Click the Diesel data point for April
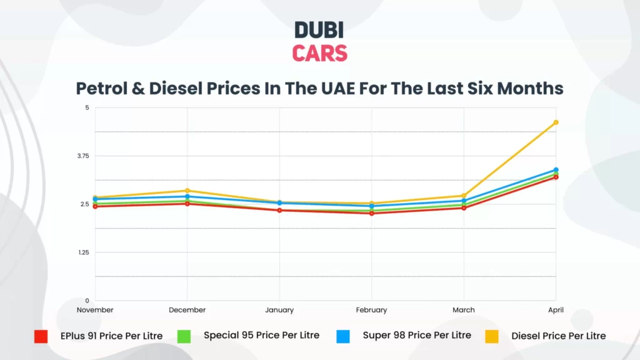[556, 122]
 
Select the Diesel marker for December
[187, 191]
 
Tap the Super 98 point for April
[556, 169]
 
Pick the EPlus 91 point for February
[372, 213]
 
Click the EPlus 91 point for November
[95, 206]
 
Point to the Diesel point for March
[464, 196]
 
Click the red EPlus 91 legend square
[41, 336]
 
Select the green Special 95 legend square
[184, 336]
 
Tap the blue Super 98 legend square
[342, 336]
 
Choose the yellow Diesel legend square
[492, 336]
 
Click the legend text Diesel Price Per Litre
[558, 336]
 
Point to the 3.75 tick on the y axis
[83, 156]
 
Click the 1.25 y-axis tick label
[84, 252]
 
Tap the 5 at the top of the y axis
[87, 107]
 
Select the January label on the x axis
[279, 310]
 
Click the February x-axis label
[372, 310]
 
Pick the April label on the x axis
[555, 310]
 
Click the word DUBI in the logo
[319, 30]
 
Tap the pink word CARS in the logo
[319, 53]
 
